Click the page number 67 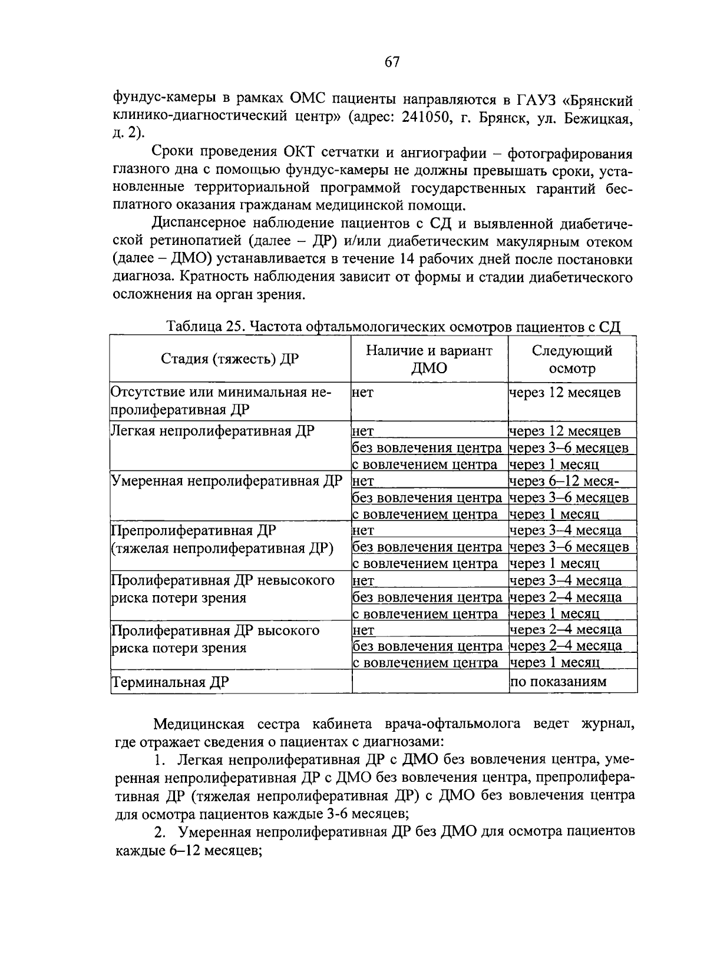pyautogui.click(x=393, y=62)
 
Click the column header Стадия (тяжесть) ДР pyautogui.click(x=230, y=360)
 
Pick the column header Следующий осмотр pyautogui.click(x=572, y=360)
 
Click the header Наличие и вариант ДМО pyautogui.click(x=429, y=360)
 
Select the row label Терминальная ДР pyautogui.click(x=170, y=683)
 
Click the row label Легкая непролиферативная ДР pyautogui.click(x=213, y=431)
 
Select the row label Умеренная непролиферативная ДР pyautogui.click(x=226, y=481)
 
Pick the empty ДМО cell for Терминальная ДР pyautogui.click(x=430, y=682)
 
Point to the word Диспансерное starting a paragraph pyautogui.click(x=199, y=224)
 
